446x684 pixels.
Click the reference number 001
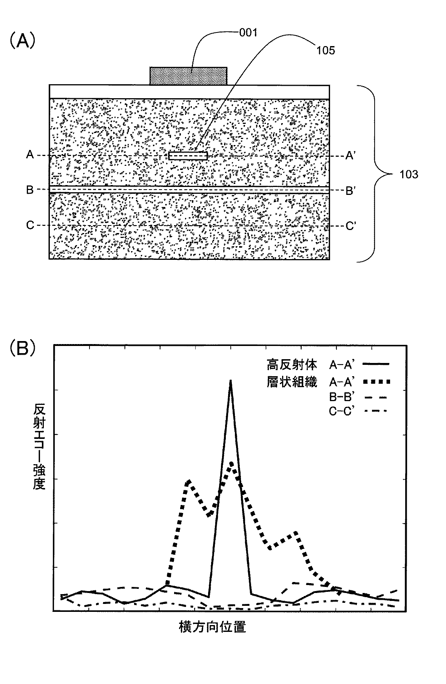(x=248, y=33)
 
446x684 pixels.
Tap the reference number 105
(x=326, y=50)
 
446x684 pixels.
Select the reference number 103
(x=409, y=174)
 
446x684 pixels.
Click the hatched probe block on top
(x=188, y=76)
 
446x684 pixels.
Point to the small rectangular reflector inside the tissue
(x=188, y=156)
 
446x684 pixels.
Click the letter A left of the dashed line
(x=30, y=154)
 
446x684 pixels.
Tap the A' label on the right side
(x=350, y=155)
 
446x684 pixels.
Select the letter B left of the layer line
(x=30, y=190)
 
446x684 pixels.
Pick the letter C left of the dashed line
(x=30, y=225)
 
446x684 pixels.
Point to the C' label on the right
(x=350, y=226)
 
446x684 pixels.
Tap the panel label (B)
(x=23, y=348)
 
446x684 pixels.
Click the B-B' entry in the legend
(x=341, y=397)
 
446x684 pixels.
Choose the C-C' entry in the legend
(x=341, y=411)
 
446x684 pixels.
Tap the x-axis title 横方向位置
(x=212, y=627)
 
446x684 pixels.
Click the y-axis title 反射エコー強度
(x=39, y=446)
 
